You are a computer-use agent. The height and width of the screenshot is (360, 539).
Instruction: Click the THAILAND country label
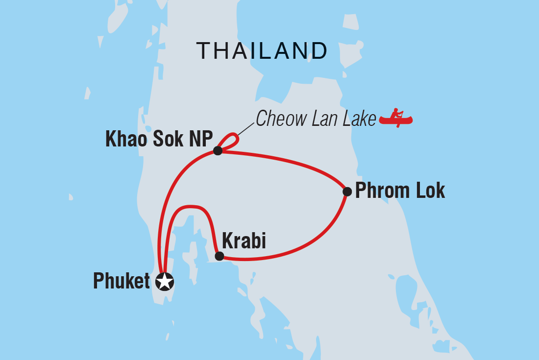[262, 50]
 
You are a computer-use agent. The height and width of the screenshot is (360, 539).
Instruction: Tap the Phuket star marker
[164, 282]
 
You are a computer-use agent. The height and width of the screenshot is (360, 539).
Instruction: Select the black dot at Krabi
[220, 256]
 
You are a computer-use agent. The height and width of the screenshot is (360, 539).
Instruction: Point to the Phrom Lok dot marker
[346, 192]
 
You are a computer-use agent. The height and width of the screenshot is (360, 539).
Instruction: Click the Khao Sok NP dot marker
[218, 150]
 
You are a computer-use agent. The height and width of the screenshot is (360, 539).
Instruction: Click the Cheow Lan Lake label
[316, 119]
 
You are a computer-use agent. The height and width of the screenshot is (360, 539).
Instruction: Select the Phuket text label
[122, 282]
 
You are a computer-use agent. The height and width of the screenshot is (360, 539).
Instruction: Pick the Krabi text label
[244, 241]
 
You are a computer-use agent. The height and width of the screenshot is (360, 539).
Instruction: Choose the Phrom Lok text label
[400, 191]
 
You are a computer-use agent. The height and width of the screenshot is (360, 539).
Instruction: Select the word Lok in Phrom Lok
[430, 191]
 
